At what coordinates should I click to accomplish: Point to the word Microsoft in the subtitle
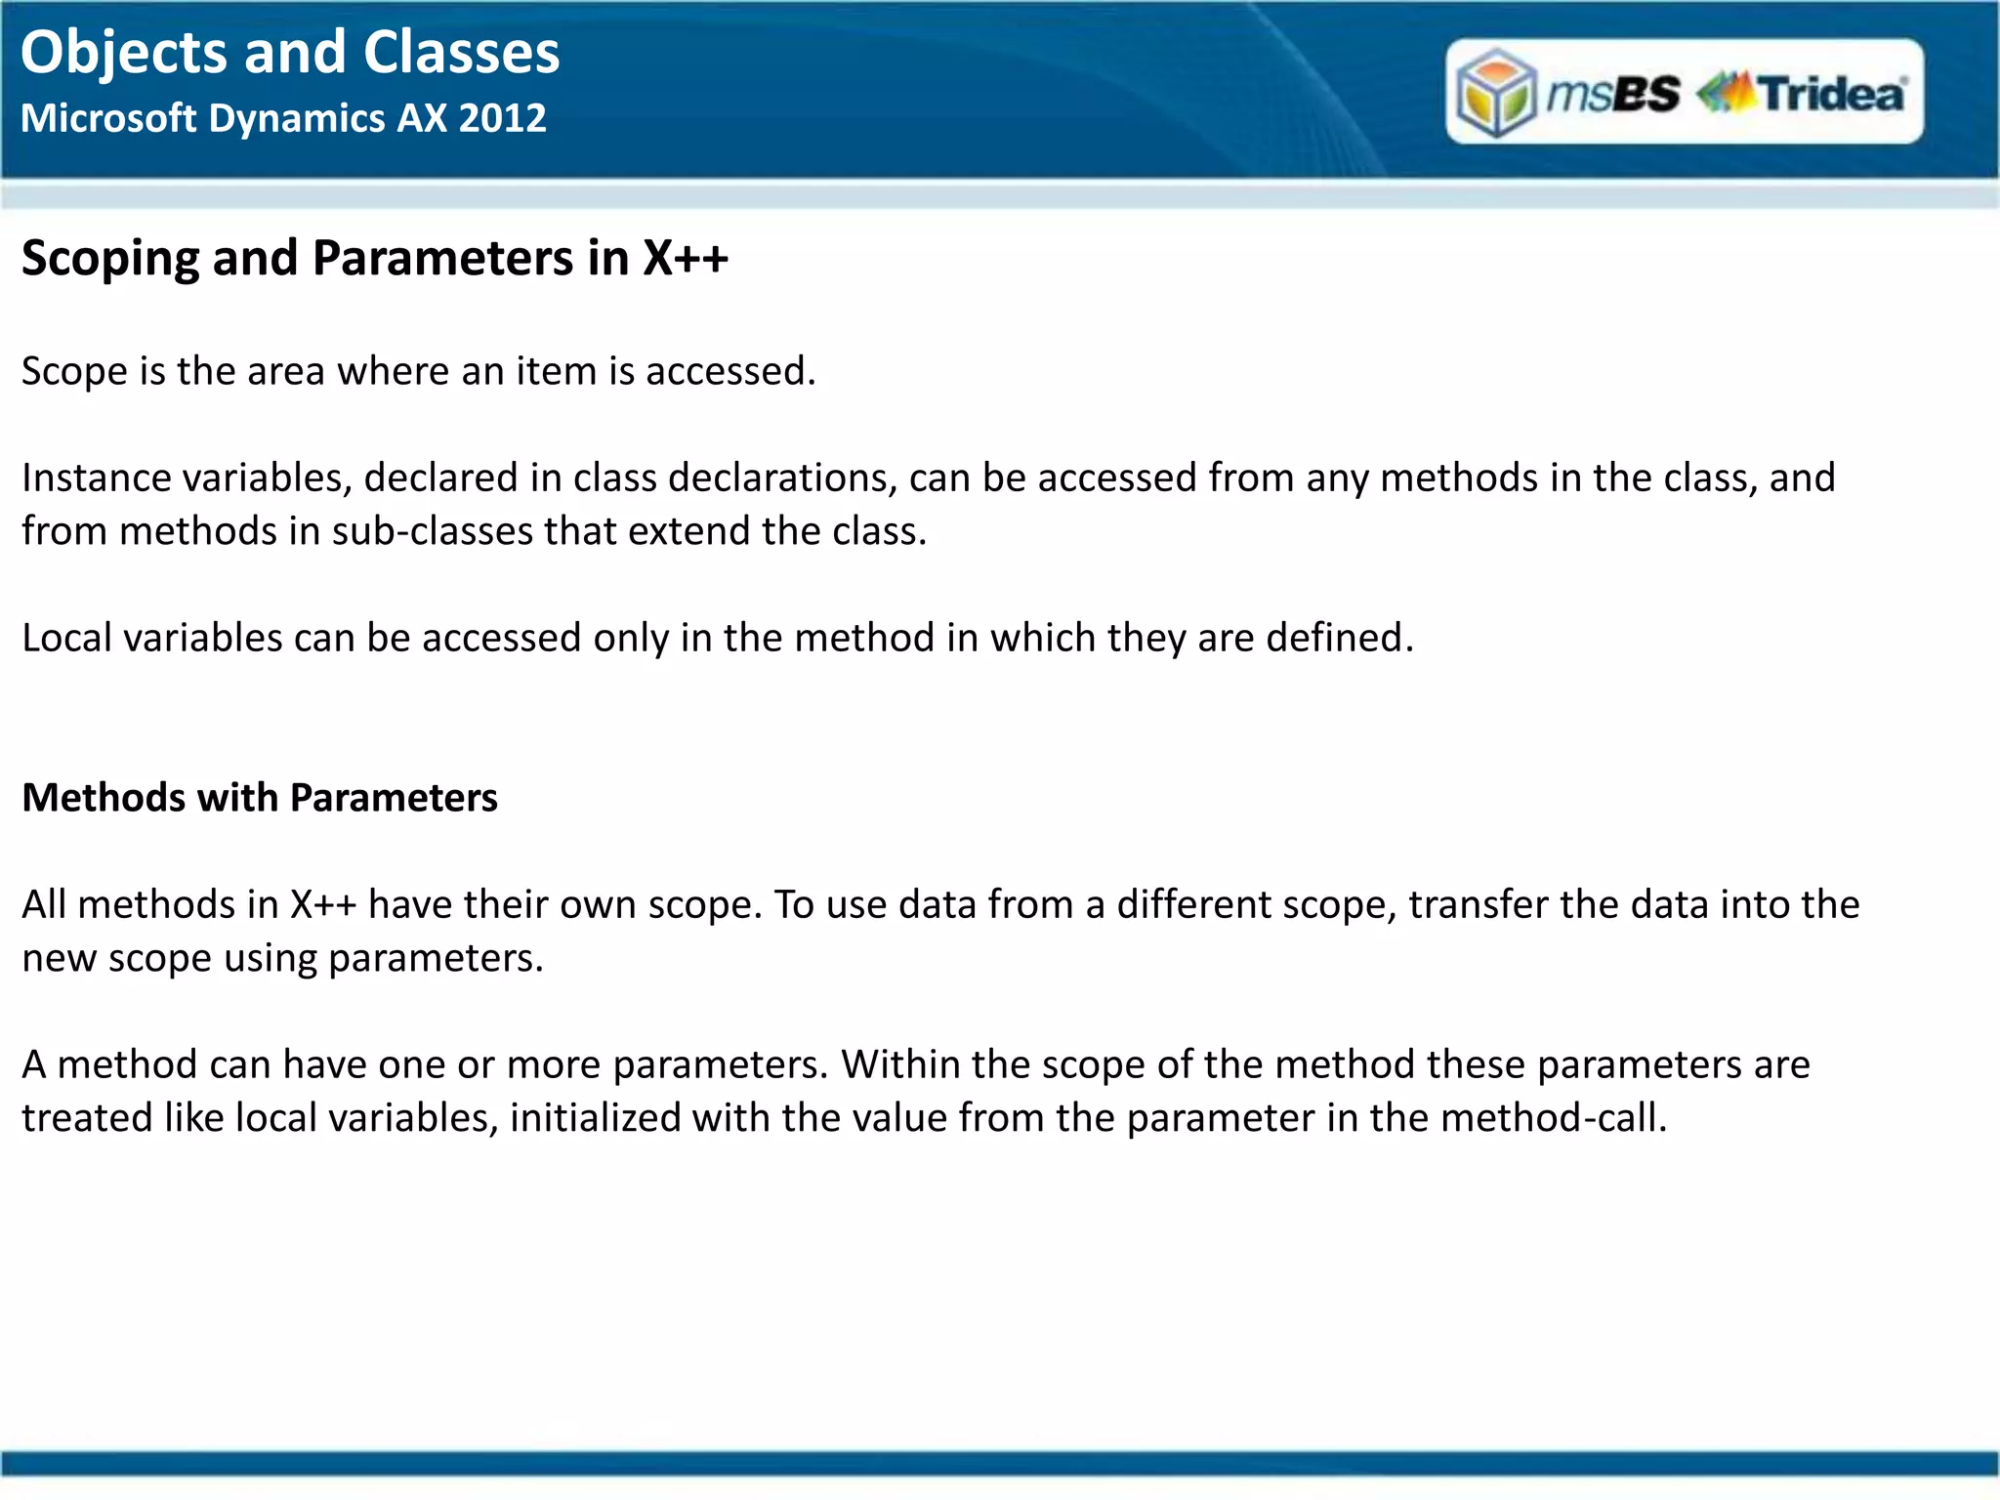coord(108,118)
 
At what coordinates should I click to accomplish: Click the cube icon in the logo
coord(1495,94)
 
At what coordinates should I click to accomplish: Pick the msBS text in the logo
coord(1613,94)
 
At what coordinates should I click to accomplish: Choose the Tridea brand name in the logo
coord(1831,94)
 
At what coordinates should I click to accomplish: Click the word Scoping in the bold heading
coord(110,260)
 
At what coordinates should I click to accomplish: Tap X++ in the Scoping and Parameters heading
coord(685,260)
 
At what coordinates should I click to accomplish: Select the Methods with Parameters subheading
coord(260,799)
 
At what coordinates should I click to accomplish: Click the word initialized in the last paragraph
coord(595,1118)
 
